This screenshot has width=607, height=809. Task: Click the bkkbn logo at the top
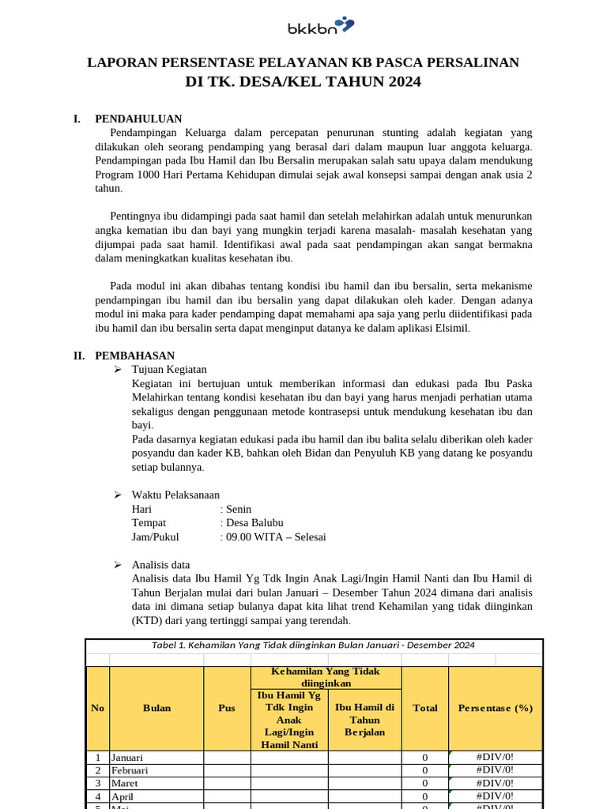(x=319, y=28)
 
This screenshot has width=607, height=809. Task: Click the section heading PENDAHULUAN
(x=138, y=119)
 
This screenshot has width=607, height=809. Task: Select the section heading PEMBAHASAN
(x=134, y=356)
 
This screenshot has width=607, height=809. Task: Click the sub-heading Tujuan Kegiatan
(x=169, y=369)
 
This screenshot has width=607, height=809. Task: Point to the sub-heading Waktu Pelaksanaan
(x=175, y=495)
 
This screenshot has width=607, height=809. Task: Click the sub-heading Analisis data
(x=160, y=565)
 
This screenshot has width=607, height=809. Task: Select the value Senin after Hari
(x=238, y=509)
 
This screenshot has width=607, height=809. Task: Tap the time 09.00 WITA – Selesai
(x=276, y=536)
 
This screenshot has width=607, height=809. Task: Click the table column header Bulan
(x=156, y=708)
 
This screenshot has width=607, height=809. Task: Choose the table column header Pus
(x=227, y=708)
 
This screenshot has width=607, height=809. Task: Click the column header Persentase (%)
(x=496, y=708)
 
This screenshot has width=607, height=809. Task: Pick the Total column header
(x=425, y=708)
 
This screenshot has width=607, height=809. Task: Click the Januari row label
(x=127, y=757)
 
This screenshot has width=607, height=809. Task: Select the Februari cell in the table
(x=130, y=770)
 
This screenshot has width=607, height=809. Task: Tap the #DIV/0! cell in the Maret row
(x=496, y=783)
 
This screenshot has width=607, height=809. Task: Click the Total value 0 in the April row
(x=425, y=796)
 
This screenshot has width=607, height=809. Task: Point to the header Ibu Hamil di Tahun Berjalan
(x=364, y=720)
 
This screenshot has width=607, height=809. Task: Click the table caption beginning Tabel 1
(x=313, y=645)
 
